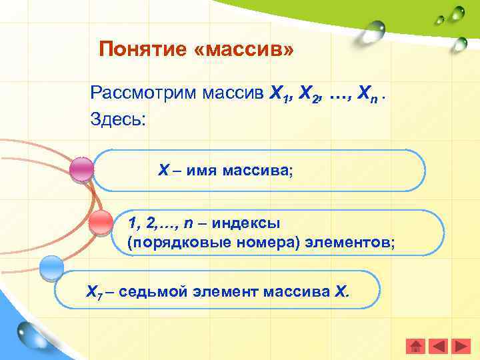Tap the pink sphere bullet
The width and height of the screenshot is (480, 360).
tap(82, 169)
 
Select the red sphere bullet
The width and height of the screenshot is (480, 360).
tap(101, 221)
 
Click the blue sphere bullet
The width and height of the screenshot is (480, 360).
tap(51, 269)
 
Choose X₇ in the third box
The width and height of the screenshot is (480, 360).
tap(93, 292)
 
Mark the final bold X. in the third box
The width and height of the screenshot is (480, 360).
tap(341, 291)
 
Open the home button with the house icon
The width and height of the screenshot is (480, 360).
tap(416, 346)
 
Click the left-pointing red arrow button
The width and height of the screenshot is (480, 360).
tap(438, 346)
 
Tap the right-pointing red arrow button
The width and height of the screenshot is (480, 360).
tap(461, 346)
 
